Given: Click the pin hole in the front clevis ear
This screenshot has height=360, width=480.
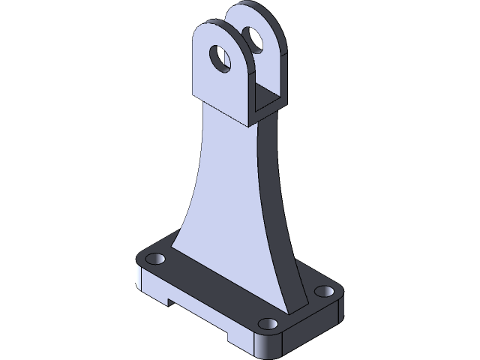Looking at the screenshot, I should [x=220, y=58].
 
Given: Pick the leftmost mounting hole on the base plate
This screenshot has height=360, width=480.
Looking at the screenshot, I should [x=155, y=259].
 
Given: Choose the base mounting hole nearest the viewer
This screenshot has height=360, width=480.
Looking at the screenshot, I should [x=268, y=324].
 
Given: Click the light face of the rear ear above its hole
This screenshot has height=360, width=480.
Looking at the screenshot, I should [x=244, y=19].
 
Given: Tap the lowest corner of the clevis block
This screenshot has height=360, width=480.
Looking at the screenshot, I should [x=250, y=124].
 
